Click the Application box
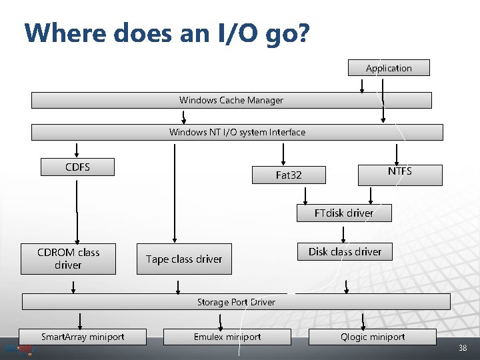pyautogui.click(x=389, y=68)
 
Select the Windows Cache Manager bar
pyautogui.click(x=231, y=100)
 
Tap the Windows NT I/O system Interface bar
pyautogui.click(x=237, y=132)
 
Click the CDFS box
pyautogui.click(x=77, y=167)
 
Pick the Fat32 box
pyautogui.click(x=289, y=175)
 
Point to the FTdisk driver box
pyautogui.click(x=344, y=213)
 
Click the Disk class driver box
pyautogui.click(x=345, y=251)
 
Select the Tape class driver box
pyautogui.click(x=184, y=259)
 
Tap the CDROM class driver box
pyautogui.click(x=69, y=259)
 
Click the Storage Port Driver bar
pyautogui.click(x=236, y=302)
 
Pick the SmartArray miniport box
pyautogui.click(x=83, y=337)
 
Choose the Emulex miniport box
pyautogui.click(x=227, y=337)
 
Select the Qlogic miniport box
pyautogui.click(x=373, y=337)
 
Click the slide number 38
pyautogui.click(x=463, y=349)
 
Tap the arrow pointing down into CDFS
pyautogui.click(x=77, y=150)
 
